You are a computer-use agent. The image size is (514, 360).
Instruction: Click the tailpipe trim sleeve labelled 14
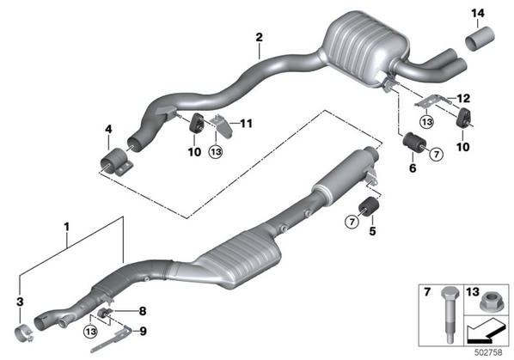tap(480, 39)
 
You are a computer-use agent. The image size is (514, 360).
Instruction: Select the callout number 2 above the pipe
tap(259, 37)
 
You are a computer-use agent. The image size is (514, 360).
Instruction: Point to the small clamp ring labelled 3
tap(24, 333)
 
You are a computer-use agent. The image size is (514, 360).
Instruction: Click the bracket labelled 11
tap(223, 125)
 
